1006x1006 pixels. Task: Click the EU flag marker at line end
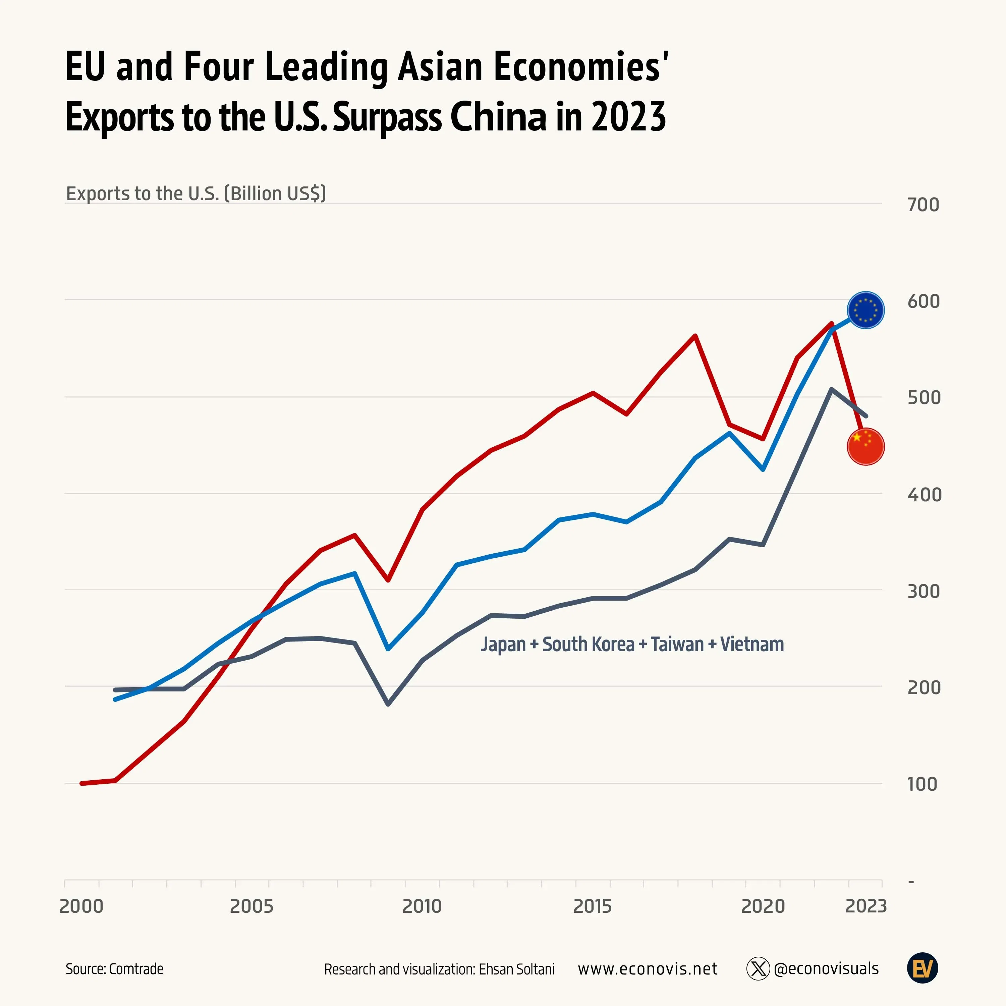coord(865,310)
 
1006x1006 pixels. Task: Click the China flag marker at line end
coord(865,446)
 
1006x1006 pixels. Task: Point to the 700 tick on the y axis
coord(923,205)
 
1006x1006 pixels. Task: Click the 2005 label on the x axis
coord(251,906)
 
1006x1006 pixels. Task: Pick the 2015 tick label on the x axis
coord(592,906)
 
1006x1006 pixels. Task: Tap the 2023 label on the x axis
coord(865,906)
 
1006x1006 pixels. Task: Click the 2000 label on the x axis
coord(81,906)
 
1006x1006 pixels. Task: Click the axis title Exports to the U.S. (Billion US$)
coord(196,193)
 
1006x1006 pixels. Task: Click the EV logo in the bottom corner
coord(923,968)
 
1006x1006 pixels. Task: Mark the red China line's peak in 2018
coord(695,336)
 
